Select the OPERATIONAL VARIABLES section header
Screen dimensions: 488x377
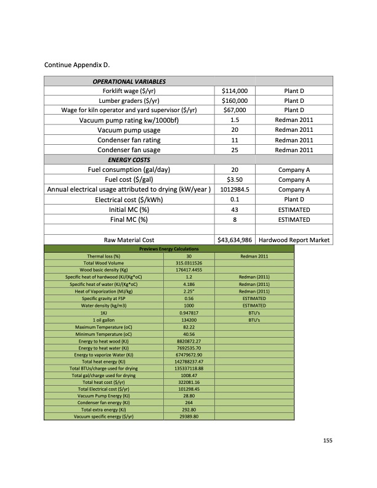coord(129,81)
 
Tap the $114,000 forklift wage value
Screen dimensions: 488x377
coord(234,91)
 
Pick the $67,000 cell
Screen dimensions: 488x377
coord(234,110)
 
